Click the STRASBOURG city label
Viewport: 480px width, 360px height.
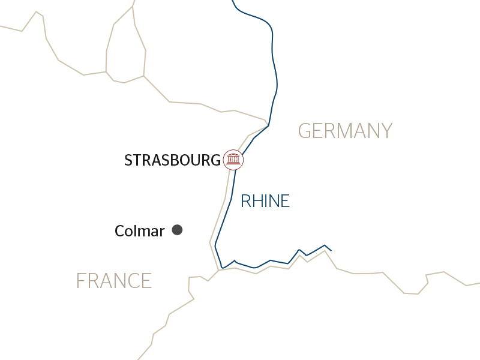point(172,160)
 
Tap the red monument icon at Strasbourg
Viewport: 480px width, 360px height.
point(233,160)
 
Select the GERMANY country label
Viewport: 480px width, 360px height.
point(345,131)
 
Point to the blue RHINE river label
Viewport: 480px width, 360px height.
point(265,201)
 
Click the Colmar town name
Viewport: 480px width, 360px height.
point(139,231)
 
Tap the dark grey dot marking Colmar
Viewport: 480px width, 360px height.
point(177,230)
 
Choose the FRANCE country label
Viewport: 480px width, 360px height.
point(113,281)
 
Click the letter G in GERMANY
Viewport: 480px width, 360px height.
point(305,131)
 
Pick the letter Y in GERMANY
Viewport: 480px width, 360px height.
point(386,131)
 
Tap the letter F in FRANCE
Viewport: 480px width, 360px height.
point(81,281)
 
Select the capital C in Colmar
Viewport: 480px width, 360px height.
point(120,231)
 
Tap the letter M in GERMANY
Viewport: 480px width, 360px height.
point(339,131)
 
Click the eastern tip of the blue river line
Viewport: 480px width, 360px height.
point(331,251)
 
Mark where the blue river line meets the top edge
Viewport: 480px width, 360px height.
point(232,1)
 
